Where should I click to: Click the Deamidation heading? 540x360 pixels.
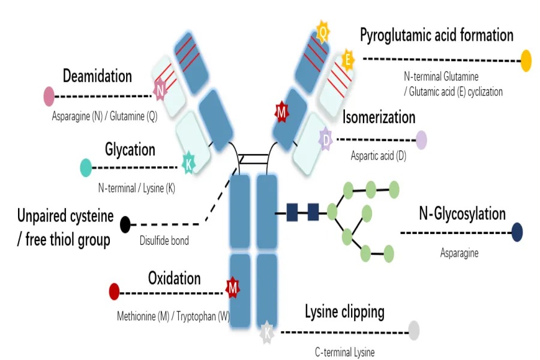(97, 76)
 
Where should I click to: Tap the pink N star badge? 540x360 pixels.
(160, 91)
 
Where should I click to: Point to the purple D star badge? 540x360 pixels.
(326, 140)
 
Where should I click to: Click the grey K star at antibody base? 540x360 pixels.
(267, 332)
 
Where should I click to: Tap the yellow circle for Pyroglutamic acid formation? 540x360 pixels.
(526, 60)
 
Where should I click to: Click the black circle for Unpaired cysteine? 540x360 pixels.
(125, 224)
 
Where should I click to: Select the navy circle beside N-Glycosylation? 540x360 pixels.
(517, 232)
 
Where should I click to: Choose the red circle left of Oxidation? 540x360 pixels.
(114, 292)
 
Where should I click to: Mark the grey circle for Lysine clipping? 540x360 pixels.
(413, 330)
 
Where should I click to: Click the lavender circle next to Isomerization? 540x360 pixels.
(421, 140)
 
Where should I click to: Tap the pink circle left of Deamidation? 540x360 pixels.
(49, 96)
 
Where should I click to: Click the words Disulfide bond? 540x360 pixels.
(164, 241)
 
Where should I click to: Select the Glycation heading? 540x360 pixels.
(130, 149)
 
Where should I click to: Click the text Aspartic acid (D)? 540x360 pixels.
(379, 156)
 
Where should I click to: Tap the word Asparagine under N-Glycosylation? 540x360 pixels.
(459, 253)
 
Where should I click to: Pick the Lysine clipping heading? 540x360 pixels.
(344, 312)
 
